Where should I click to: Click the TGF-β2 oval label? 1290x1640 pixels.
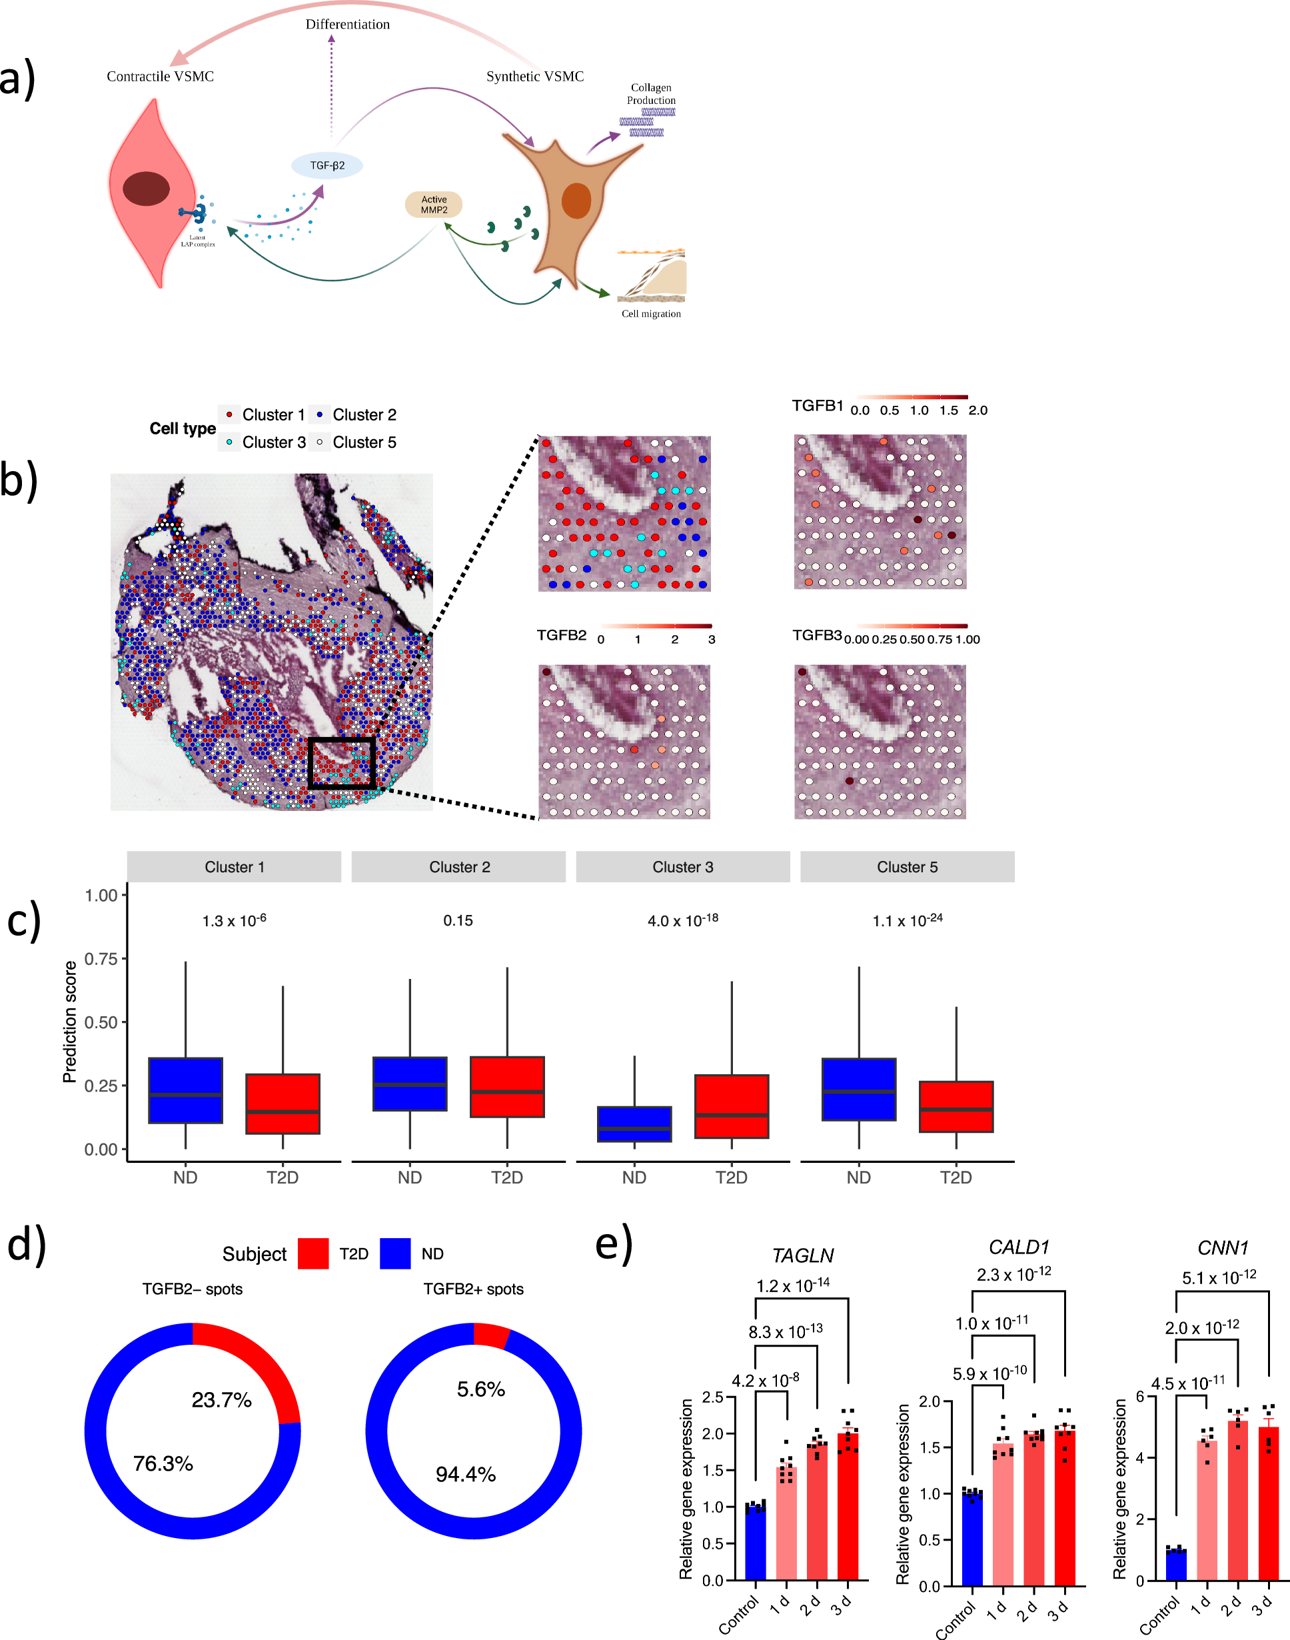tap(327, 165)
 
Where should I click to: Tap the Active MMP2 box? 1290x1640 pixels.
tap(434, 205)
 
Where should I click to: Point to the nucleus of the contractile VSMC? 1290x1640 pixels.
tap(146, 189)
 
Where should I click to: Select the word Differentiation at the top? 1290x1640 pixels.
tap(347, 24)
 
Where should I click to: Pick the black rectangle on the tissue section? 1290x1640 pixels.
tap(341, 763)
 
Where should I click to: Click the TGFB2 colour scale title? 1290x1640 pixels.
tap(561, 634)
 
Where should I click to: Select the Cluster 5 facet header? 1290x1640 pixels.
tap(906, 866)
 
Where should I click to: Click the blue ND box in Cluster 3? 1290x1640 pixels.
tap(634, 1124)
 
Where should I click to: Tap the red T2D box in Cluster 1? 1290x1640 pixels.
tap(283, 1103)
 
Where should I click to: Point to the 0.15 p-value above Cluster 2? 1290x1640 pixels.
tap(458, 920)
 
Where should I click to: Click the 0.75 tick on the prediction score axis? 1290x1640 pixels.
tap(101, 959)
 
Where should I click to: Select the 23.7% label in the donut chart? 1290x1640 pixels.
tap(221, 1400)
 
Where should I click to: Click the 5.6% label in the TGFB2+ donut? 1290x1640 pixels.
tap(480, 1389)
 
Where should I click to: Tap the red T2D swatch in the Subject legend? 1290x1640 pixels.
tap(313, 1253)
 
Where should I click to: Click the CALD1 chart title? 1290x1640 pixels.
tap(1019, 1247)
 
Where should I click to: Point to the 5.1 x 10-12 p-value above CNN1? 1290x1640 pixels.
tap(1218, 1277)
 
